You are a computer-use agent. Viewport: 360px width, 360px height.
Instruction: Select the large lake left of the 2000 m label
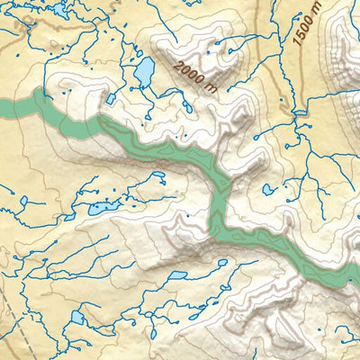[x=144, y=73]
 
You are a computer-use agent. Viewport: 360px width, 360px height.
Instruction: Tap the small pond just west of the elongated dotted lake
[x=70, y=216]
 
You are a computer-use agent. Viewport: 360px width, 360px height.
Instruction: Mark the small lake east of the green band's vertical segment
[x=269, y=190]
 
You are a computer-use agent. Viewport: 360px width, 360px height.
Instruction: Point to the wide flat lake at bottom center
[x=176, y=275]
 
